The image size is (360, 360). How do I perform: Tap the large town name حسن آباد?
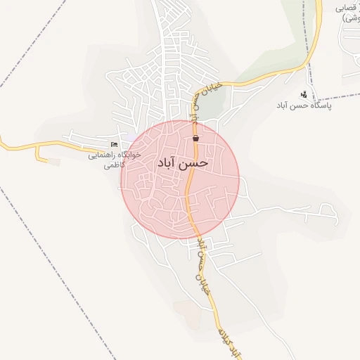tap(184, 162)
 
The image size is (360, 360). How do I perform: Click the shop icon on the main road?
tap(195, 139)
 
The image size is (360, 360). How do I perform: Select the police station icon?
tap(304, 94)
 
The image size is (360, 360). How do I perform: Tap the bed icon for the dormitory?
tap(115, 145)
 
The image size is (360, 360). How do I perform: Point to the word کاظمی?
tap(113, 166)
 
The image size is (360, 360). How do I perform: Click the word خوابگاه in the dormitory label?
tap(128, 155)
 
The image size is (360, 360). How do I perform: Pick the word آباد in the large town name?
tap(169, 162)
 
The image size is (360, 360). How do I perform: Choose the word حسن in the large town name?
tap(196, 162)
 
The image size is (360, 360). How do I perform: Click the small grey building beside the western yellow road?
tap(54, 162)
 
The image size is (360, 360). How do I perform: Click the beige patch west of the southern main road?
tap(184, 309)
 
